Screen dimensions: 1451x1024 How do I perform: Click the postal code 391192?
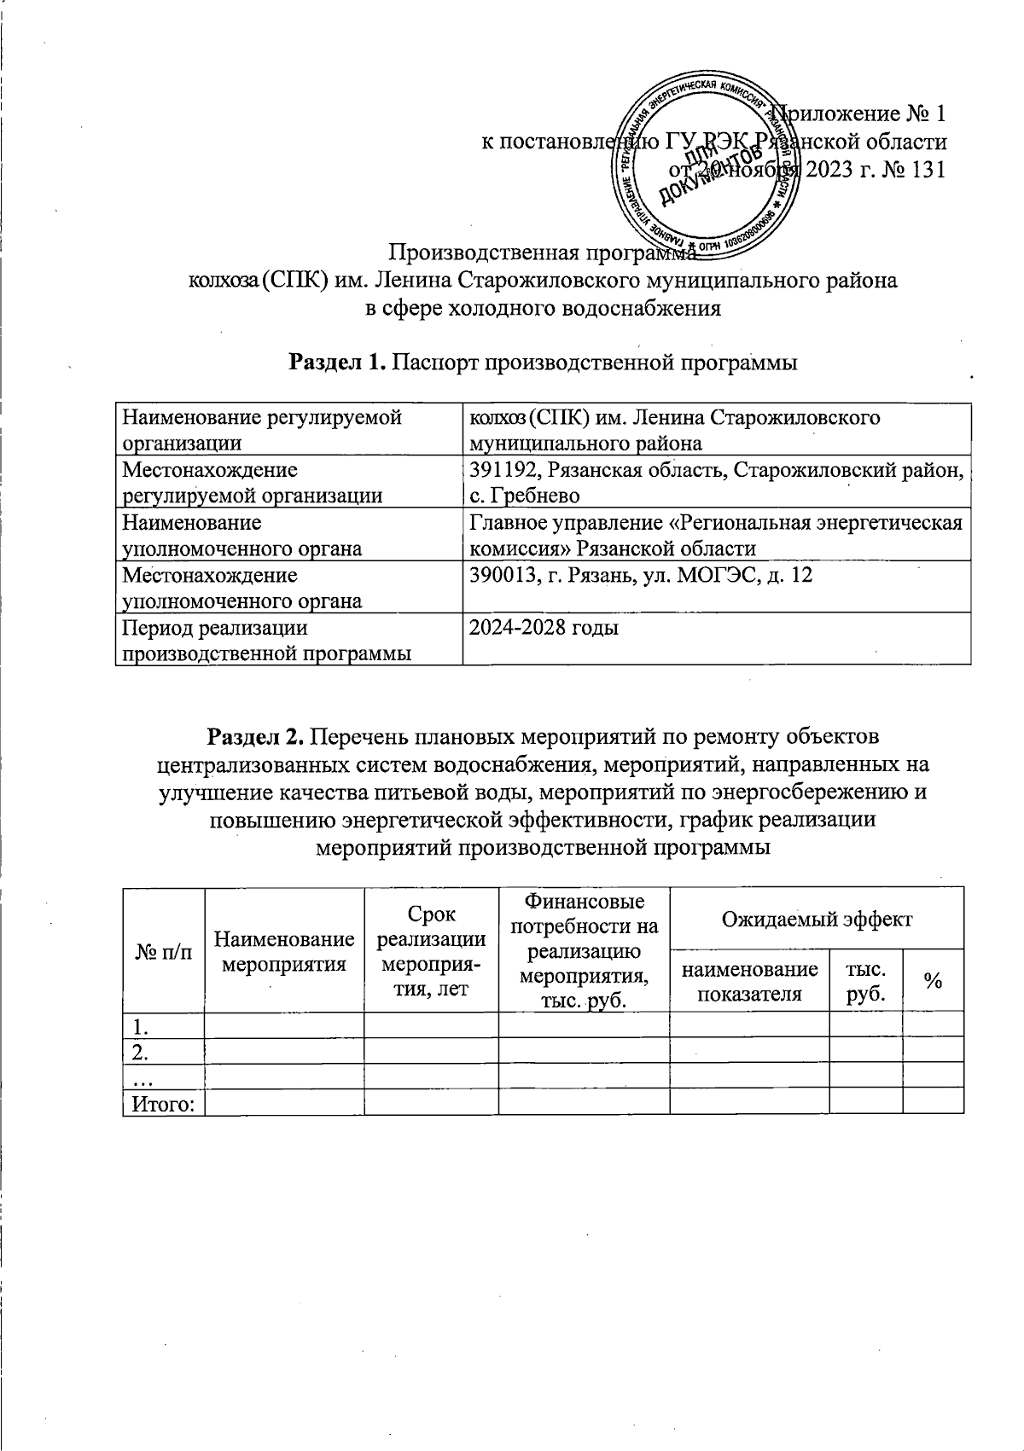(503, 470)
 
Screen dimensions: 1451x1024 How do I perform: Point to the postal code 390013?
(503, 576)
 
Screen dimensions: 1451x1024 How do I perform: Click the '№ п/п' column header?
(163, 953)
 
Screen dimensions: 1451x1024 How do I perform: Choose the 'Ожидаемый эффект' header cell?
(817, 920)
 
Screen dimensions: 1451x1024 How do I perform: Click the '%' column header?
(933, 982)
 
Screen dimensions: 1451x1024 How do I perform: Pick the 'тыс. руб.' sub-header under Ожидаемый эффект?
(865, 982)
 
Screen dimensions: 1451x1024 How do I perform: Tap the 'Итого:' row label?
(162, 1105)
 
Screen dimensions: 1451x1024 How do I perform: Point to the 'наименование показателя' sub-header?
(749, 982)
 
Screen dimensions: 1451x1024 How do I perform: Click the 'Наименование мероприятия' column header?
(284, 952)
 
